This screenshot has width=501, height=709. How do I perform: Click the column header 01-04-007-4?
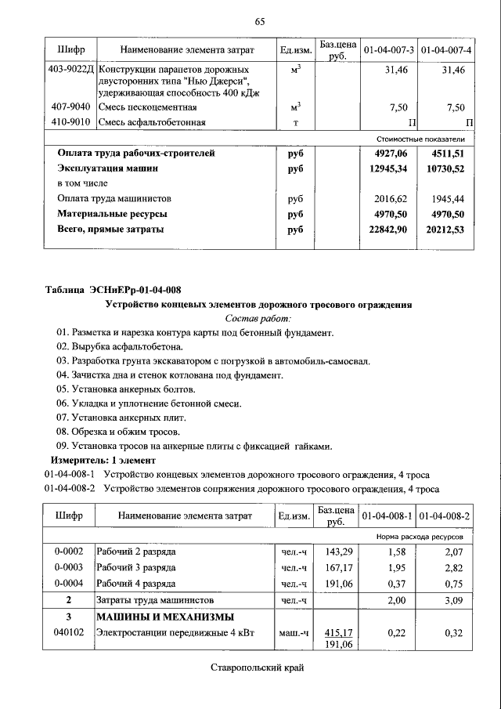tap(446, 51)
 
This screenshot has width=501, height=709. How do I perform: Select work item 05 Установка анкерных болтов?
tap(126, 389)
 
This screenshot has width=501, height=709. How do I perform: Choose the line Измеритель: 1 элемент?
tap(103, 460)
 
